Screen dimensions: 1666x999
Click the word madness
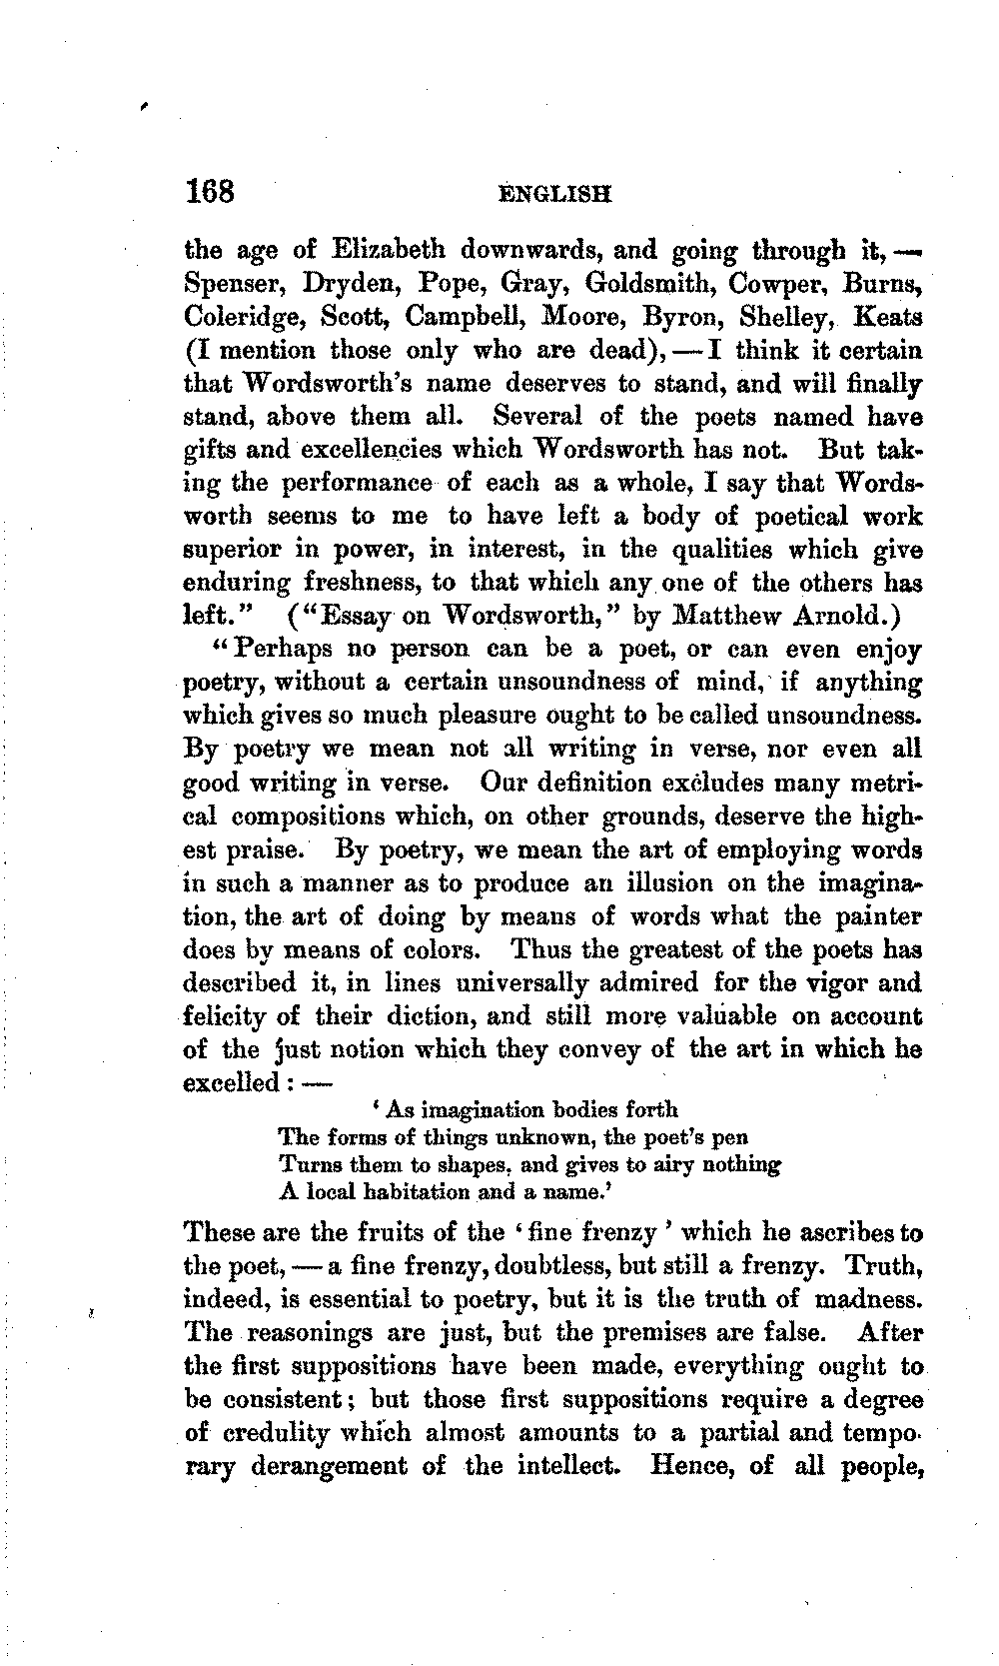pyautogui.click(x=867, y=1299)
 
